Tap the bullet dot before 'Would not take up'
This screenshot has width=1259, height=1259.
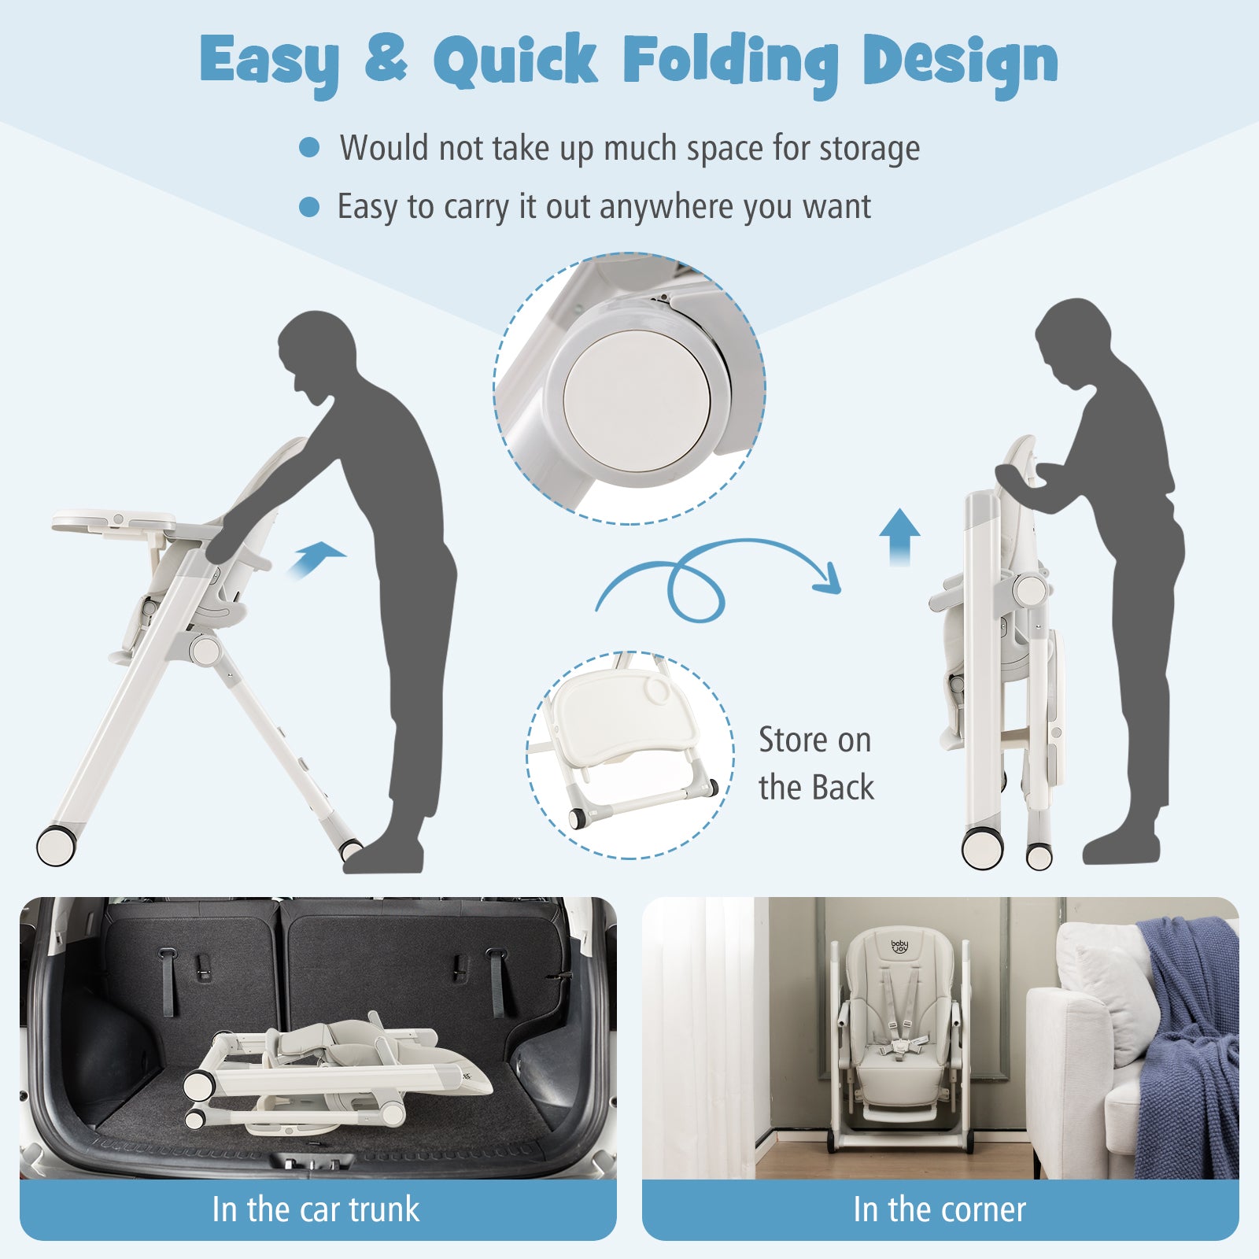(309, 147)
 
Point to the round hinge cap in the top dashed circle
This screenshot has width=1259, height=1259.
(637, 401)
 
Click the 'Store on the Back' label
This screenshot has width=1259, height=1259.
(816, 763)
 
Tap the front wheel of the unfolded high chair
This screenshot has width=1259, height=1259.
(57, 844)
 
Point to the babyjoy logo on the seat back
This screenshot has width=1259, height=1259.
(899, 947)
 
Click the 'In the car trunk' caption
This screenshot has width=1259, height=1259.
(316, 1209)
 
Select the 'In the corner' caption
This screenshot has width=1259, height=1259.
(940, 1209)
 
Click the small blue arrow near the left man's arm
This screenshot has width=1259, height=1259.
(316, 559)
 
